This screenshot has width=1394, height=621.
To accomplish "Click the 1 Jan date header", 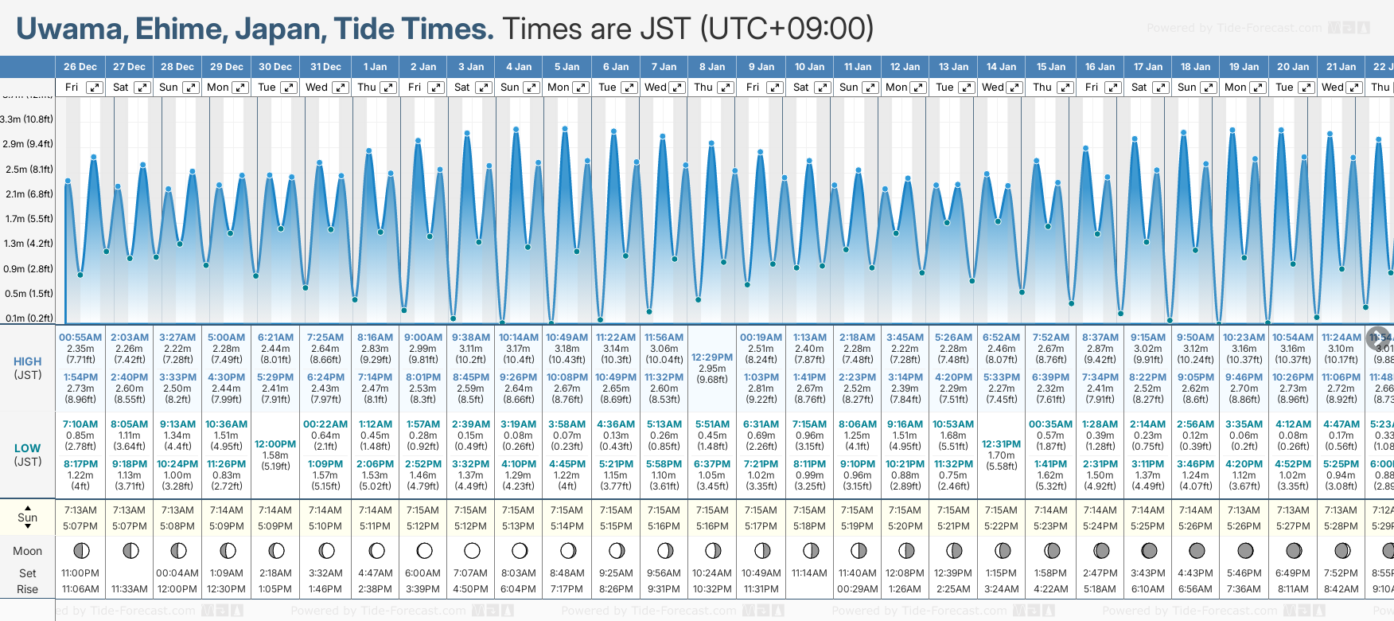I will pyautogui.click(x=375, y=67).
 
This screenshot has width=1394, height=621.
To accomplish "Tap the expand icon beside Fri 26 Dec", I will pyautogui.click(x=94, y=88).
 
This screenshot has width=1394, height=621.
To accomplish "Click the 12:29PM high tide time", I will pyautogui.click(x=712, y=357).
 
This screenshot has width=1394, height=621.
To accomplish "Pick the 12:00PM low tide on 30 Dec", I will pyautogui.click(x=275, y=444).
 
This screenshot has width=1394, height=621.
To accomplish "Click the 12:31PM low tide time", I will pyautogui.click(x=1001, y=444).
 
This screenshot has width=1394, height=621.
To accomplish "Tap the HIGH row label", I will pyautogui.click(x=27, y=361).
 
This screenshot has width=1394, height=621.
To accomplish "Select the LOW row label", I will pyautogui.click(x=27, y=448).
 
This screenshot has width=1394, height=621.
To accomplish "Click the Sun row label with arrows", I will pyautogui.click(x=27, y=517).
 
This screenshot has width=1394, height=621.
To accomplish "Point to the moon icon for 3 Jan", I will pyautogui.click(x=472, y=550).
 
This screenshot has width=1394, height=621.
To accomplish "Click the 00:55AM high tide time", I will pyautogui.click(x=80, y=338).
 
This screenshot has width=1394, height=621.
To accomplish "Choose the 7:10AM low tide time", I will pyautogui.click(x=80, y=424).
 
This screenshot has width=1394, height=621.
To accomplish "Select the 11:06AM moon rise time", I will pyautogui.click(x=80, y=589).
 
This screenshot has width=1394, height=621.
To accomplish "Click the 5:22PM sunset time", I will pyautogui.click(x=1001, y=526).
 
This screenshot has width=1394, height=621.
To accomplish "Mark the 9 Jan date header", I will pyautogui.click(x=761, y=67).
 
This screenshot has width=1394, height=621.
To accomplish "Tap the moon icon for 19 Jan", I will pyautogui.click(x=1245, y=550).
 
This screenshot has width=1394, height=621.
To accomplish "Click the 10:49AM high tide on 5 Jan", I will pyautogui.click(x=567, y=338).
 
